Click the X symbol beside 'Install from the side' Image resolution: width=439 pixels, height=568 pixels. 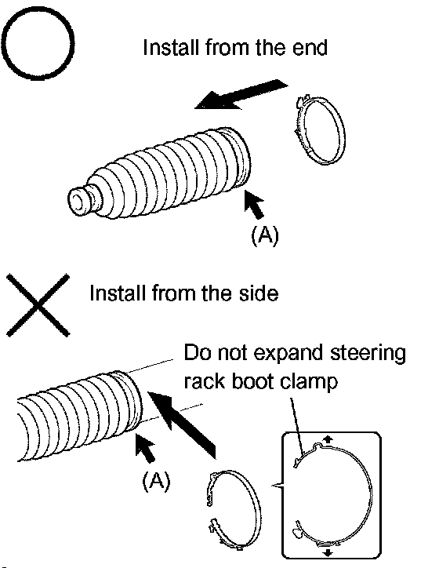point(38,305)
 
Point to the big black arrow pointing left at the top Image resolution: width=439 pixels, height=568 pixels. point(241,95)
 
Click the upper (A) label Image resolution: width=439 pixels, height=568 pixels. point(265,235)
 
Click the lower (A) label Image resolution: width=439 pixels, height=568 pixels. point(156,481)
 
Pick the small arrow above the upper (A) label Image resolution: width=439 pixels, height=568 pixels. point(253,204)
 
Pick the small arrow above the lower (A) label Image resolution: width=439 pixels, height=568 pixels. point(145,448)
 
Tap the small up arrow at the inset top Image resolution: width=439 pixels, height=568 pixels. point(328,439)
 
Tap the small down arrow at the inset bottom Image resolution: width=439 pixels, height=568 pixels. point(328,552)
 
